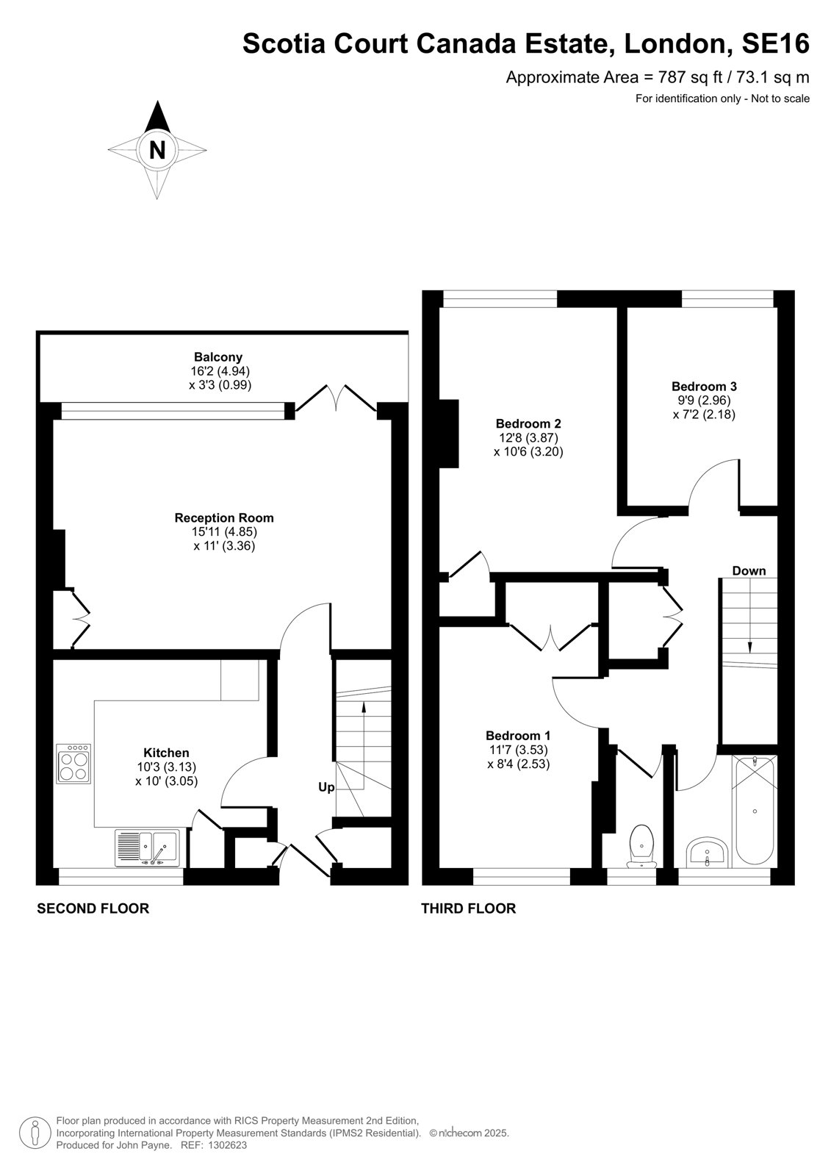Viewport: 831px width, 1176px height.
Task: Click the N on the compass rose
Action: point(157,150)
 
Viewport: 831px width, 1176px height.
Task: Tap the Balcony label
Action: point(218,357)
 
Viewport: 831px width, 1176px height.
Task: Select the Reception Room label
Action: point(224,517)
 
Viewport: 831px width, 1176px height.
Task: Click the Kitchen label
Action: point(166,753)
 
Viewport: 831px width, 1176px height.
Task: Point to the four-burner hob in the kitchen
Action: point(73,764)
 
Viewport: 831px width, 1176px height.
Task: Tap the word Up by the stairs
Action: point(326,787)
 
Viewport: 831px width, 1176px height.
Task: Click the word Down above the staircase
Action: point(749,570)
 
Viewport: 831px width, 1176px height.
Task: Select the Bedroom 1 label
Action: point(518,736)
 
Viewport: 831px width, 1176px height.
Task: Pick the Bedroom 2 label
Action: point(528,423)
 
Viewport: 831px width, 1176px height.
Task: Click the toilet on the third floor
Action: point(641,846)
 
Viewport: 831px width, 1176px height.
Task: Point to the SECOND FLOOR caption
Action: point(93,908)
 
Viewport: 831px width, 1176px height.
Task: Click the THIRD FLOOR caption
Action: point(468,908)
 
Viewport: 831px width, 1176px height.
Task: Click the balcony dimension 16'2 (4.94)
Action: point(220,371)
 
